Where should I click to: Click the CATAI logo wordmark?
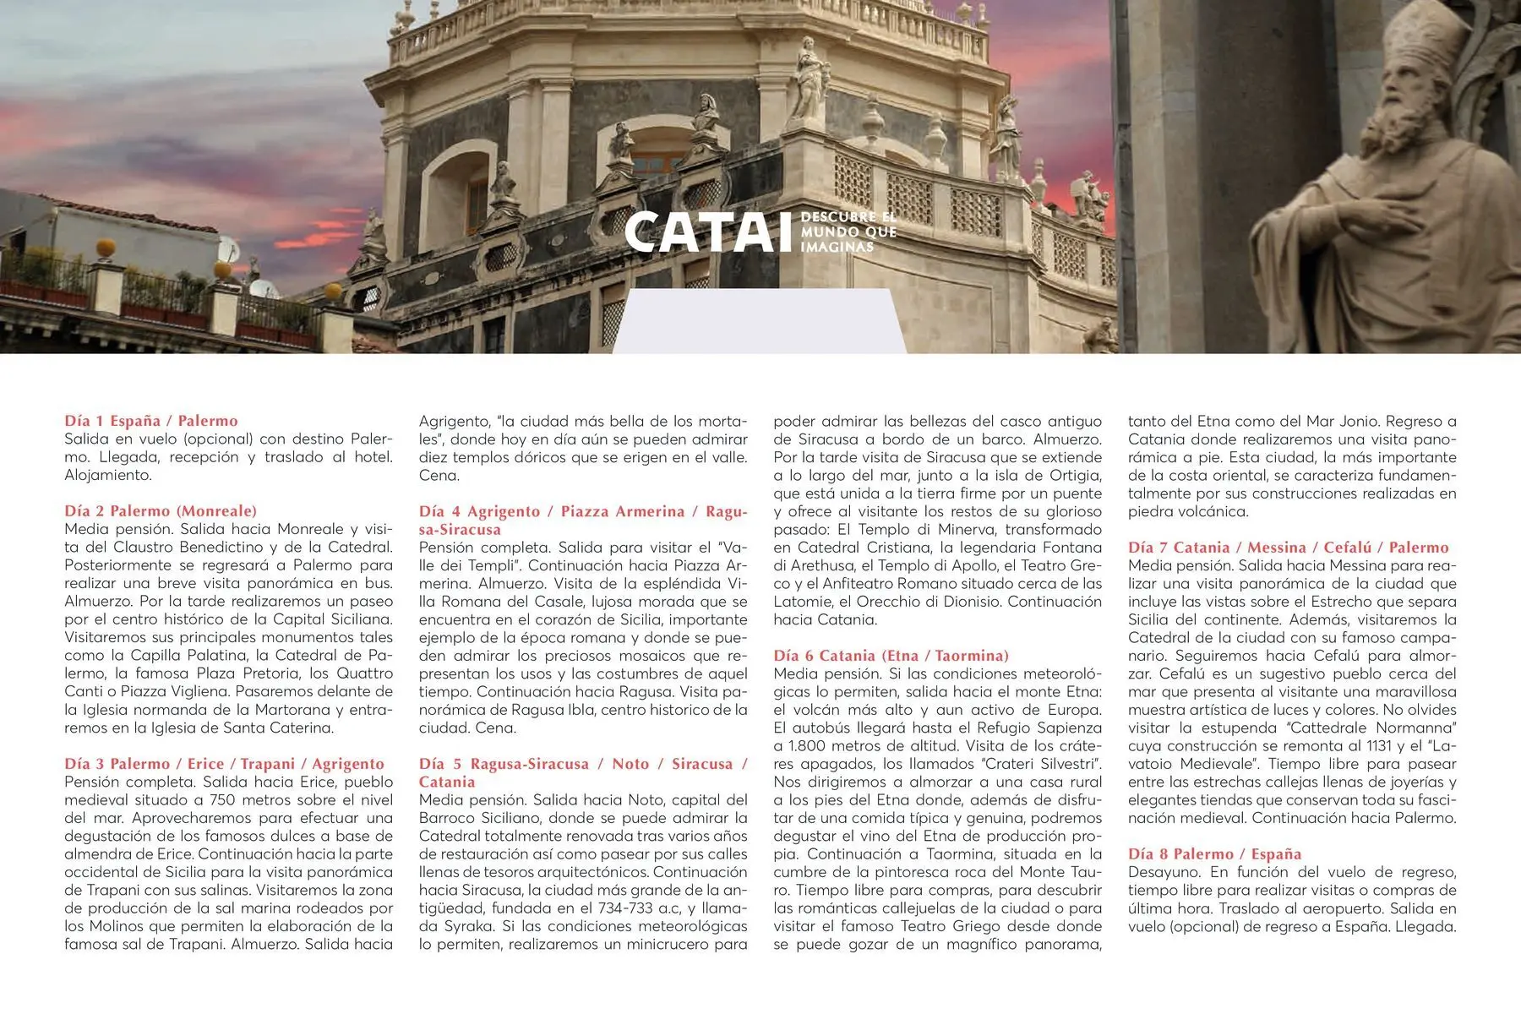(x=701, y=232)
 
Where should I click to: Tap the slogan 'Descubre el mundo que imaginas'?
(x=848, y=232)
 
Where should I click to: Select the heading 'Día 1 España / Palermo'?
(x=151, y=421)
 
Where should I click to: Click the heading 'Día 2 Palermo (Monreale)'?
(x=161, y=511)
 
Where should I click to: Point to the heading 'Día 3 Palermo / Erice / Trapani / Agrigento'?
(x=224, y=764)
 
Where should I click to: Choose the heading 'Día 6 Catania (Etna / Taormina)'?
(x=891, y=656)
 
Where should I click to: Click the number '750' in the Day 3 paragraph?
(x=222, y=800)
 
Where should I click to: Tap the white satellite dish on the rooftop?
(x=228, y=250)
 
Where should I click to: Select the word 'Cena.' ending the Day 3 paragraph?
(x=439, y=476)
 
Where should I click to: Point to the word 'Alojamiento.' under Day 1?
(x=108, y=476)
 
